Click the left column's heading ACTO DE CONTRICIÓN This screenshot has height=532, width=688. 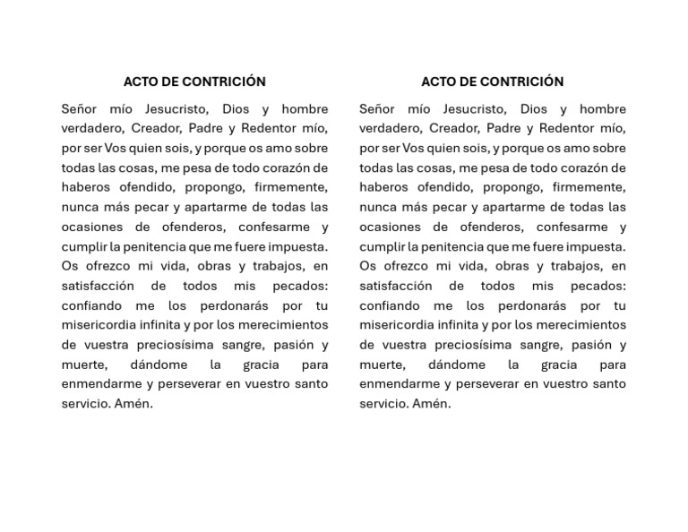click(x=194, y=82)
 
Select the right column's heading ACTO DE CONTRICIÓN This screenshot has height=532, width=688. click(x=492, y=82)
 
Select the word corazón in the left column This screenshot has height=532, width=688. click(x=300, y=168)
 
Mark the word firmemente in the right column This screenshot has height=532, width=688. click(x=589, y=188)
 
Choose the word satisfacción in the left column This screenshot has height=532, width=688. click(x=98, y=287)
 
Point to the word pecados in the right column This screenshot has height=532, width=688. click(x=594, y=287)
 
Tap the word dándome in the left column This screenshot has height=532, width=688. click(x=159, y=365)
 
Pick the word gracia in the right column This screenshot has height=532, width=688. click(x=559, y=365)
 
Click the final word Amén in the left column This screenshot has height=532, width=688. click(x=133, y=404)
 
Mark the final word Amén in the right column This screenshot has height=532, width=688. click(x=431, y=404)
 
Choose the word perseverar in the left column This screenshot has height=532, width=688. click(x=192, y=385)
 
